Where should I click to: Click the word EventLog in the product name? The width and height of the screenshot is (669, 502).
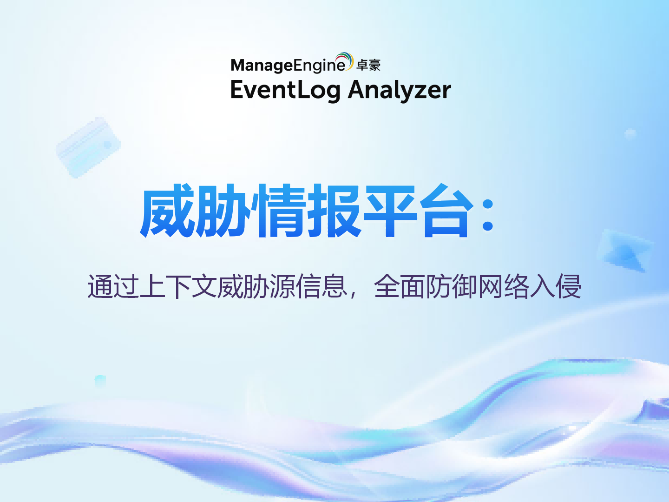coord(285,90)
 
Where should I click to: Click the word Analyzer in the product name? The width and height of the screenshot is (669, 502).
coord(400,90)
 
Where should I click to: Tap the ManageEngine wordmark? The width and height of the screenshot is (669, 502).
coord(288,66)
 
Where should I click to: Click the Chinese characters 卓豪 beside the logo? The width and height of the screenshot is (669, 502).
coord(368,66)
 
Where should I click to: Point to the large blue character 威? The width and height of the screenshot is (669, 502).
coord(167,211)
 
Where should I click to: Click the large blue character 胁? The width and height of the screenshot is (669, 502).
coord(222,211)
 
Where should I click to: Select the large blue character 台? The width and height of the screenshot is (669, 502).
coord(445,211)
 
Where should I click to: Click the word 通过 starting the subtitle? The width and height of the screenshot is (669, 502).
coord(113,286)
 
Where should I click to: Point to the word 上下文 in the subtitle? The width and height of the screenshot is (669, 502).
coord(179,286)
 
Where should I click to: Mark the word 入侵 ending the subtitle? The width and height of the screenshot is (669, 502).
coord(556,286)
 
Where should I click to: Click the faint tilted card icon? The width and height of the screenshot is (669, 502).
coord(88,147)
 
